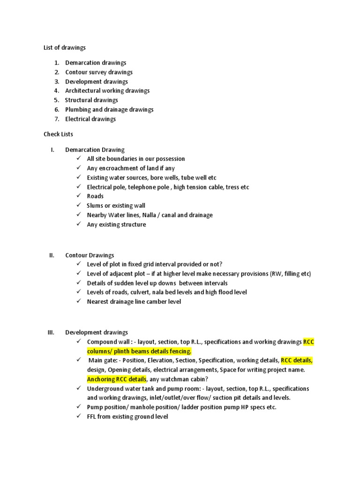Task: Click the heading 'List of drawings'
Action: click(65, 47)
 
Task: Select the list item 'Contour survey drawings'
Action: click(98, 72)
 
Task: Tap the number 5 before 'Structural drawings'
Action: click(56, 100)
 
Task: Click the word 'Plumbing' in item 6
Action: click(77, 110)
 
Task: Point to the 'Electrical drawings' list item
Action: click(90, 119)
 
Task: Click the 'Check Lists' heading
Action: click(58, 134)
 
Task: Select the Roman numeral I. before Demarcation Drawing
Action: click(52, 150)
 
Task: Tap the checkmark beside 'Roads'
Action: click(78, 196)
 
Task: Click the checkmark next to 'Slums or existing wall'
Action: click(78, 205)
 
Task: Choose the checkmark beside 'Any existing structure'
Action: click(78, 224)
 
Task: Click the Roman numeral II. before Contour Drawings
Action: click(52, 255)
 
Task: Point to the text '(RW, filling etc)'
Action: click(291, 274)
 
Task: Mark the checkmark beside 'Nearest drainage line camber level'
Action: click(78, 301)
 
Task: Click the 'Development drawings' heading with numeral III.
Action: click(96, 332)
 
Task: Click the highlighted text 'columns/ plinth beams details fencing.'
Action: click(139, 351)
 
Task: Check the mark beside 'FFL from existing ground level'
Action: click(78, 416)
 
